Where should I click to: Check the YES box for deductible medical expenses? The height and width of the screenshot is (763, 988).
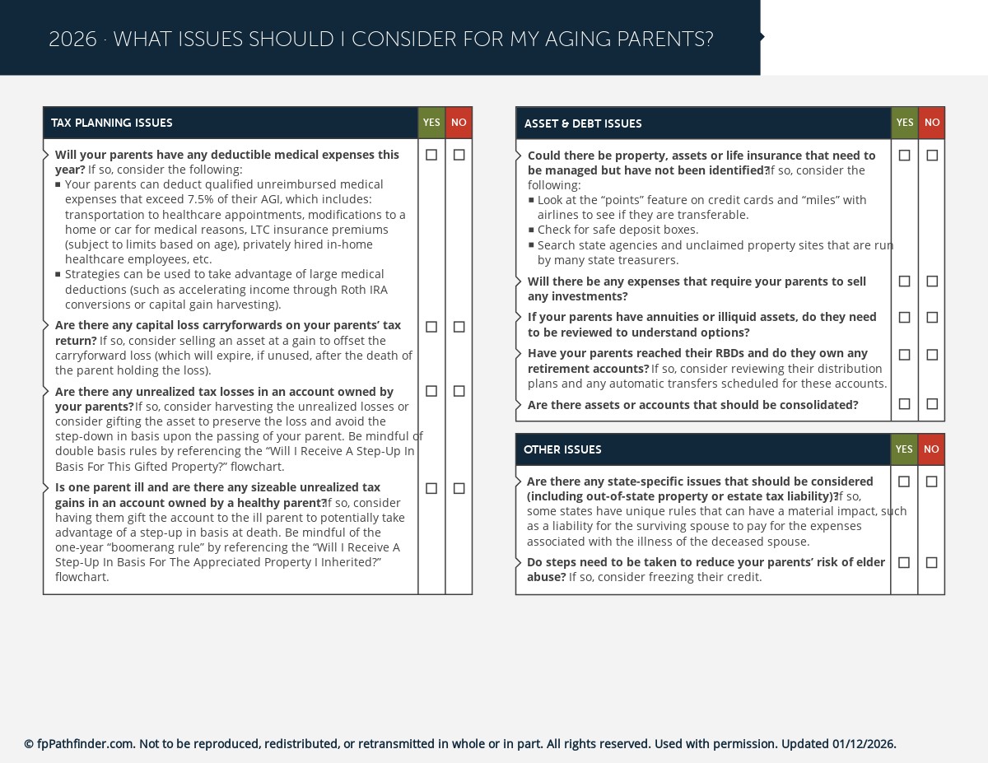click(x=431, y=155)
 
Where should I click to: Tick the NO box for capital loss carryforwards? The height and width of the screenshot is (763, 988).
click(x=459, y=327)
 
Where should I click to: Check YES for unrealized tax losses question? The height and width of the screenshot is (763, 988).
click(x=431, y=391)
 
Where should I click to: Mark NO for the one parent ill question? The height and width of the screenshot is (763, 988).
click(x=459, y=488)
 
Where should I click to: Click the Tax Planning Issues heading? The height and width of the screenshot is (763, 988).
click(x=112, y=123)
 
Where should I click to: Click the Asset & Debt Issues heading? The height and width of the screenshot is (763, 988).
click(x=583, y=123)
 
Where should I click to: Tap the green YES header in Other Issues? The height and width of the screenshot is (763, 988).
click(x=904, y=449)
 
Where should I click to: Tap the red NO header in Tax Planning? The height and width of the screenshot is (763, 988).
click(x=459, y=123)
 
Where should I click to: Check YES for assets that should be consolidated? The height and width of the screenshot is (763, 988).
click(x=904, y=404)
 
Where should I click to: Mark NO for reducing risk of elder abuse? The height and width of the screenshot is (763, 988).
click(x=931, y=563)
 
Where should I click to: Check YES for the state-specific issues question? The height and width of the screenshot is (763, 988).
click(x=904, y=482)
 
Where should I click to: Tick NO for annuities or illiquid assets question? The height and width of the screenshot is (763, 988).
click(x=932, y=318)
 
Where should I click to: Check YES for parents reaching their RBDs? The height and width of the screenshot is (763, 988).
click(x=904, y=355)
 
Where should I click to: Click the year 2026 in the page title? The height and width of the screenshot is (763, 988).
click(x=72, y=40)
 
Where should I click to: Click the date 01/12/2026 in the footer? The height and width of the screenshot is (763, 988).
click(x=864, y=744)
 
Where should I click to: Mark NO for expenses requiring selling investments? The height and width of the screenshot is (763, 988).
click(x=932, y=281)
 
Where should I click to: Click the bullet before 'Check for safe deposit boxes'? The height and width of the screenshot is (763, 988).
click(x=531, y=230)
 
